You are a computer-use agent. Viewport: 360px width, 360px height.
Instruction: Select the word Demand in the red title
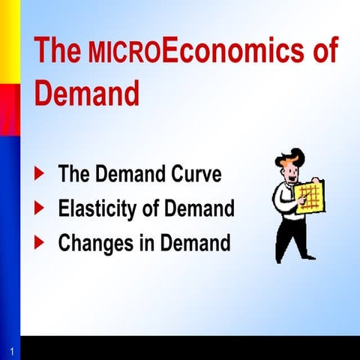click(x=87, y=95)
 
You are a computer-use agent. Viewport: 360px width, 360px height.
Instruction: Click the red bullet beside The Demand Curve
click(x=40, y=175)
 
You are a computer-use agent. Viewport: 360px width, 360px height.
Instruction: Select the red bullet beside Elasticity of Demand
click(x=40, y=208)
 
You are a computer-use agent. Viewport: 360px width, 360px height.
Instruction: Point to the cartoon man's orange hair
click(x=291, y=157)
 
